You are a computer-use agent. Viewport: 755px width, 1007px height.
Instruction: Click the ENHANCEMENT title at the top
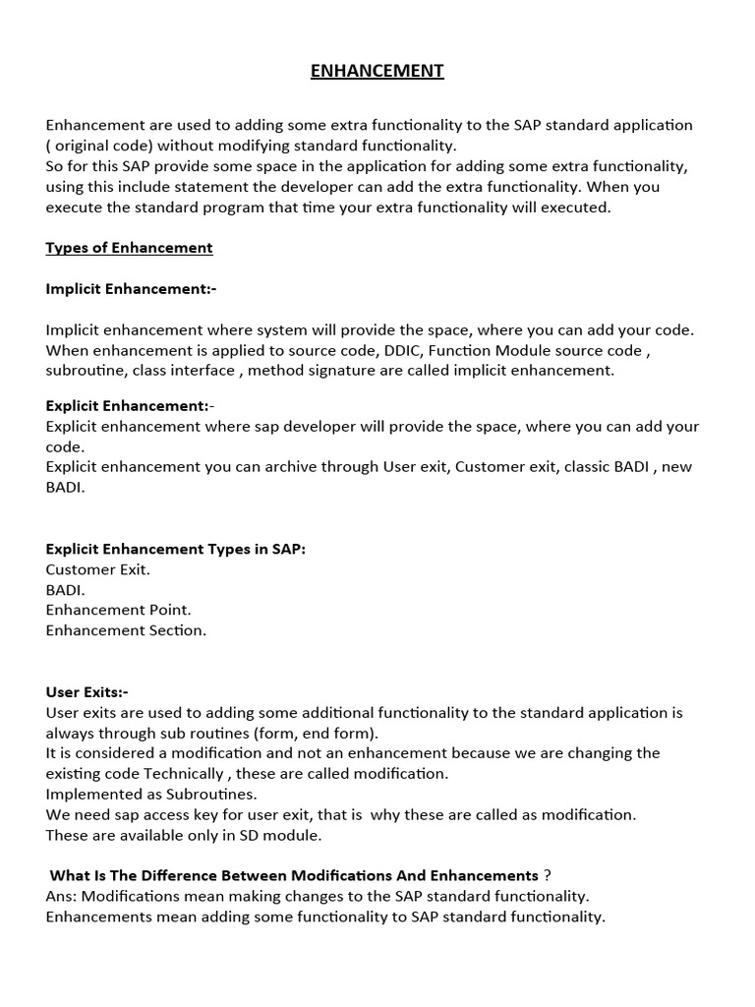click(377, 71)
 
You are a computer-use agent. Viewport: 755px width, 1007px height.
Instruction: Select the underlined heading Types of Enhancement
click(129, 248)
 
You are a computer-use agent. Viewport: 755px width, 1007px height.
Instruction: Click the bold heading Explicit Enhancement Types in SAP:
click(176, 549)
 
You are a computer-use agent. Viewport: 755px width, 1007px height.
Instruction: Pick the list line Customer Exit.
click(98, 569)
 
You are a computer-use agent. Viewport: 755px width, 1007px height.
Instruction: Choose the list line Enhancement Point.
click(118, 610)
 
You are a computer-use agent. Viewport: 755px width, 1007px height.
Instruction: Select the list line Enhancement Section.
click(126, 630)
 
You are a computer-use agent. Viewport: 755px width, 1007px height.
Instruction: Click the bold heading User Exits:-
click(87, 692)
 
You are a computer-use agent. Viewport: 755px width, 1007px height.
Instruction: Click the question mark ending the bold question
click(547, 875)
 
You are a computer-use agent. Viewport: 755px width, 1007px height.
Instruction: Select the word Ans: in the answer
click(62, 896)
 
